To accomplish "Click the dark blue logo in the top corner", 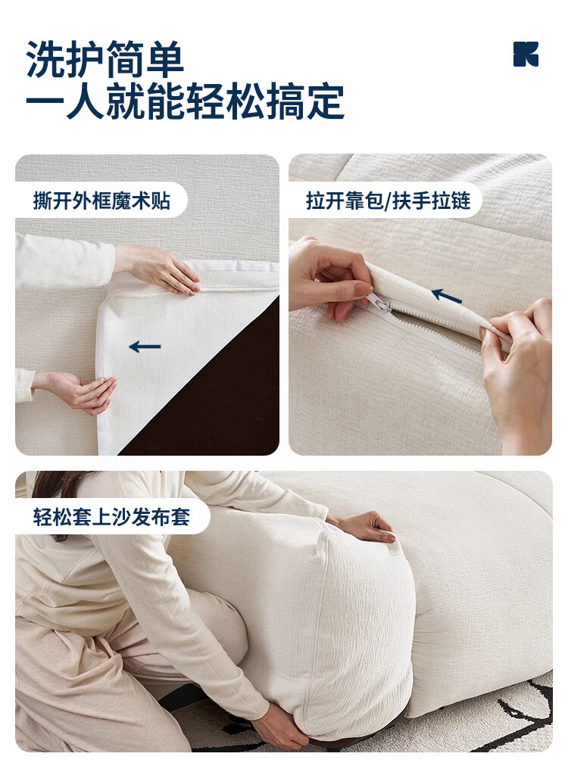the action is click(x=526, y=54).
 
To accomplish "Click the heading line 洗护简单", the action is click(x=105, y=59).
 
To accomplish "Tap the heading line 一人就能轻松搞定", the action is click(x=185, y=101).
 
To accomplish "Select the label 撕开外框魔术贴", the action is click(x=101, y=201).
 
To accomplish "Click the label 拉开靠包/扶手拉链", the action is click(x=388, y=201).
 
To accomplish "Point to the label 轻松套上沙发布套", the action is click(x=111, y=517).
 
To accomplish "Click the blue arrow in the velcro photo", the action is click(x=145, y=347).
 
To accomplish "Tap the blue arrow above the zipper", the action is click(x=446, y=296).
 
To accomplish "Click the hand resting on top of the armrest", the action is click(x=366, y=527).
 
